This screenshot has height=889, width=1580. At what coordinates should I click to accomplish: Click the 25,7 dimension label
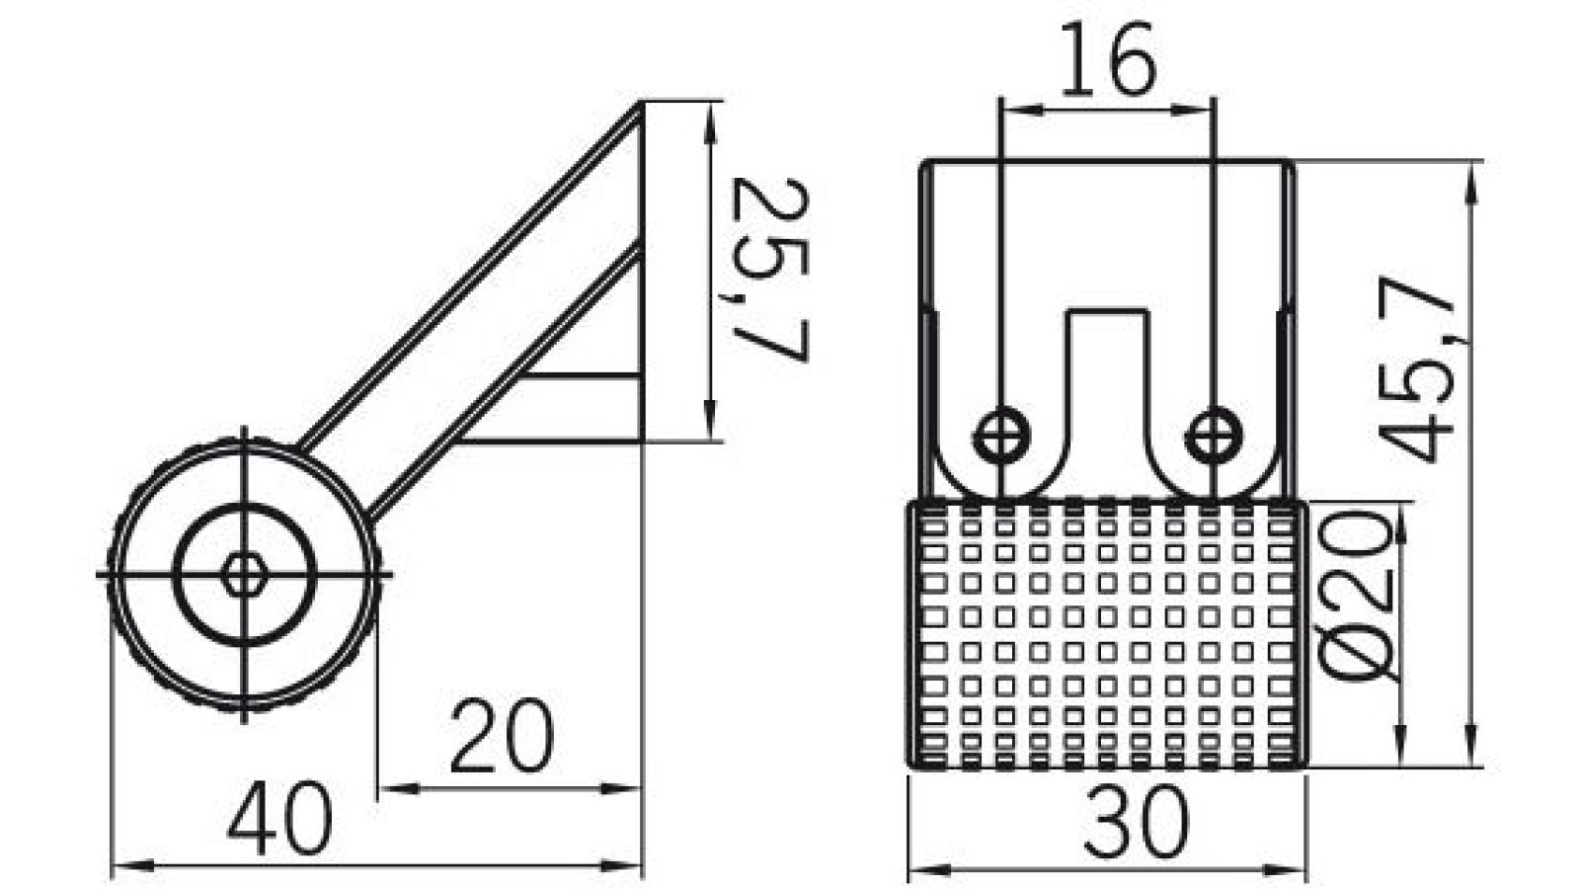click(x=773, y=269)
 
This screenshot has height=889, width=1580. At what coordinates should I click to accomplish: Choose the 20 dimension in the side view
click(x=502, y=736)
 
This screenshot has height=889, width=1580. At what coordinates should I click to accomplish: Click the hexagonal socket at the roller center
click(x=241, y=574)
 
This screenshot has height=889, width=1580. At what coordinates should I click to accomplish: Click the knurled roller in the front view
click(x=1106, y=634)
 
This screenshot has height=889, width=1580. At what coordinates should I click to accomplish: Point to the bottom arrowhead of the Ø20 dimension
click(x=1400, y=754)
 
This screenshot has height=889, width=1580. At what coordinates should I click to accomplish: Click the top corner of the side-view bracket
click(x=641, y=103)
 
